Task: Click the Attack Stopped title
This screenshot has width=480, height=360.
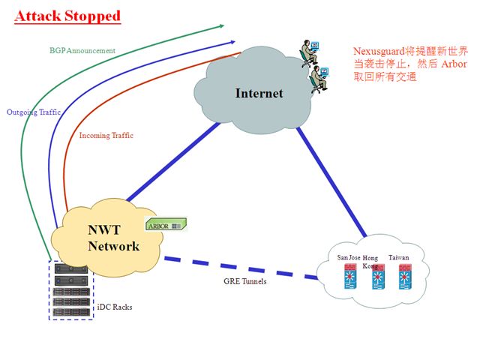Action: click(x=67, y=16)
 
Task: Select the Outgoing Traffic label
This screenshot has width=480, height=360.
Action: click(x=34, y=112)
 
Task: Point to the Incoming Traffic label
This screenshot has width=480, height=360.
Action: click(x=106, y=136)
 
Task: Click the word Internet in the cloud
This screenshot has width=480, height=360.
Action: click(x=259, y=94)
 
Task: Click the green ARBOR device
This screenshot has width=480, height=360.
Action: click(x=165, y=225)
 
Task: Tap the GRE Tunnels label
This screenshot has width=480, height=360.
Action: click(x=245, y=282)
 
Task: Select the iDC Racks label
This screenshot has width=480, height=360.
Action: click(x=115, y=307)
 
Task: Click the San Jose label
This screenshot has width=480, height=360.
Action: click(x=349, y=258)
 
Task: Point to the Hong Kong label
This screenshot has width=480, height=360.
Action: click(x=370, y=262)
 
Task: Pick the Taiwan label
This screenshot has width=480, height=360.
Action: click(x=398, y=258)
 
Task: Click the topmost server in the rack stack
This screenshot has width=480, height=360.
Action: click(x=70, y=268)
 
